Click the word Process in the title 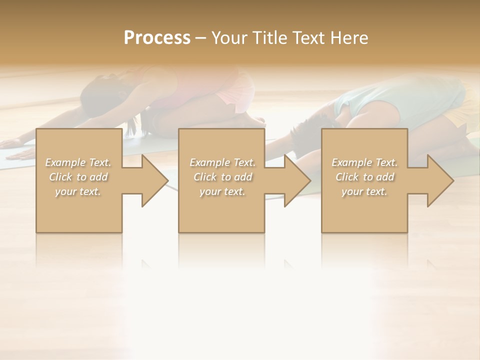click(x=157, y=37)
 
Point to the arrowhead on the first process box click(x=154, y=180)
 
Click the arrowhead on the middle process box click(x=296, y=180)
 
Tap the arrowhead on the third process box click(x=439, y=180)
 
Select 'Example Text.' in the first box click(x=78, y=162)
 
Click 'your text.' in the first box click(x=78, y=191)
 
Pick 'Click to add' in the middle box click(x=222, y=177)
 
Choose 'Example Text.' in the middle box click(x=222, y=162)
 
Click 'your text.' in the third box click(x=364, y=191)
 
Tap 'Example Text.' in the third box click(x=364, y=162)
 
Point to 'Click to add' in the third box click(x=364, y=177)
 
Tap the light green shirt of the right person click(x=370, y=100)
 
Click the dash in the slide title click(x=201, y=38)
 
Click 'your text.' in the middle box click(x=222, y=191)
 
